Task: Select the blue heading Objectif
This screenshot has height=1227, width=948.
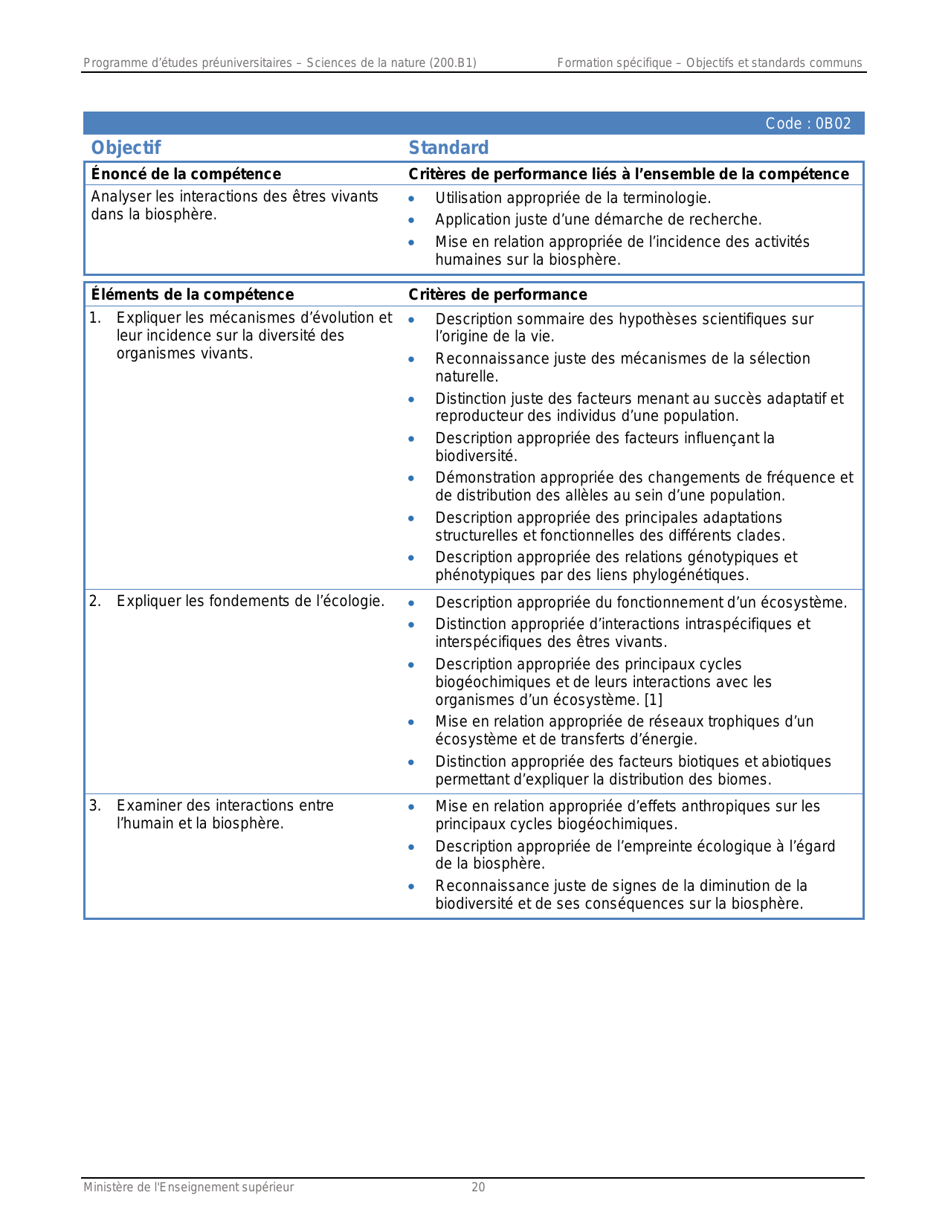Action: point(126,148)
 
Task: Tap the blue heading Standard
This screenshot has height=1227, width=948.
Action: point(448,148)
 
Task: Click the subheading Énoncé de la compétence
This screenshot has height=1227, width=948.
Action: point(186,174)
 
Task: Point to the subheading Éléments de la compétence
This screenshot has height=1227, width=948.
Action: point(192,294)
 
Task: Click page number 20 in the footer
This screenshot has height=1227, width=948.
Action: point(478,1188)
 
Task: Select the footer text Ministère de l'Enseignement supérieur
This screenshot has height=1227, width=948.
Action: point(188,1188)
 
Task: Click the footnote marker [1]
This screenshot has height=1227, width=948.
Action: point(653,700)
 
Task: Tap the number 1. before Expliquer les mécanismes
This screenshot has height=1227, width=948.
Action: point(95,318)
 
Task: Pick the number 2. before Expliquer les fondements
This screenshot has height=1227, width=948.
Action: point(95,601)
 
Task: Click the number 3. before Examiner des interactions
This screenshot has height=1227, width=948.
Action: point(95,805)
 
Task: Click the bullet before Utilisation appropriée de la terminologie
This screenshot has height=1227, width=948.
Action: point(411,199)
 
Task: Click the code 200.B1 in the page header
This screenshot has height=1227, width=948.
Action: point(454,63)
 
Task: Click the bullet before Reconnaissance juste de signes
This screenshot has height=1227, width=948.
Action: point(411,886)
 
